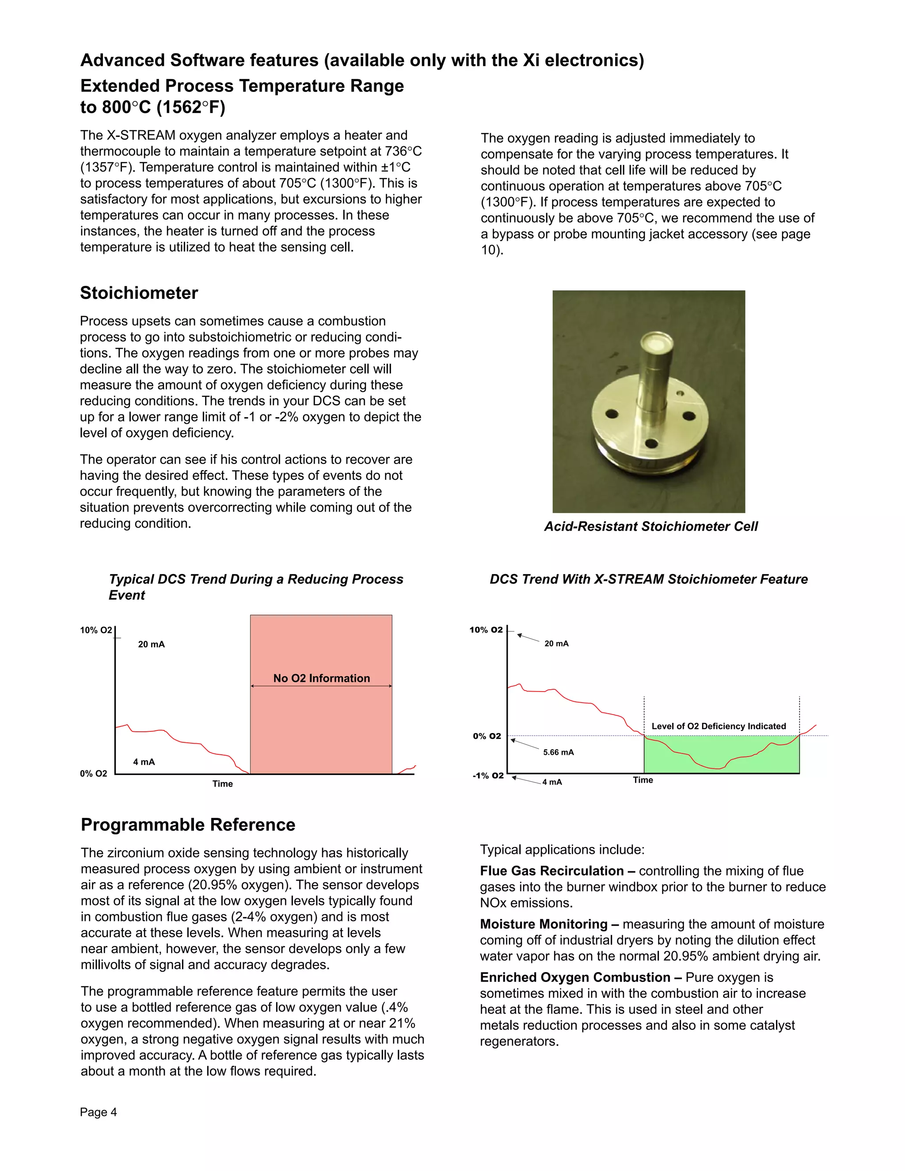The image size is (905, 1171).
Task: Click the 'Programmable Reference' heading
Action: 188,824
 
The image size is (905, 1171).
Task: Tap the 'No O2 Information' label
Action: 321,678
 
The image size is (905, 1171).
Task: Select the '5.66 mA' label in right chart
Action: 558,752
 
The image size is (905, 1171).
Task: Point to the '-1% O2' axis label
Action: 488,776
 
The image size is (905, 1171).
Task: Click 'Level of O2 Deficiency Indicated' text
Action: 719,726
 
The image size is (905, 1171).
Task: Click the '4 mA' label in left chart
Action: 144,762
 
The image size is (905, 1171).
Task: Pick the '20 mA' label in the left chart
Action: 151,644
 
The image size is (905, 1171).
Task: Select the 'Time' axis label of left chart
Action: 223,784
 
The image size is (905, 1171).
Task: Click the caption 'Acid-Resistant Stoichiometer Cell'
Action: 651,527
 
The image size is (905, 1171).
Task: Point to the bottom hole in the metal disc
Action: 651,443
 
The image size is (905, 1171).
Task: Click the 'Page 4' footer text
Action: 98,1112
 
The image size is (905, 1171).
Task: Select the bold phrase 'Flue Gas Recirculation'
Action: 551,871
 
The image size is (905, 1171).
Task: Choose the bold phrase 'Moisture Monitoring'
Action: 544,924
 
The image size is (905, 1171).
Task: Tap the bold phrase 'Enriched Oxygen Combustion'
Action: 575,977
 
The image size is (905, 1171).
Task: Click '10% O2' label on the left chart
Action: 96,630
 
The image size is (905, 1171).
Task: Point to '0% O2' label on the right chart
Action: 487,736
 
